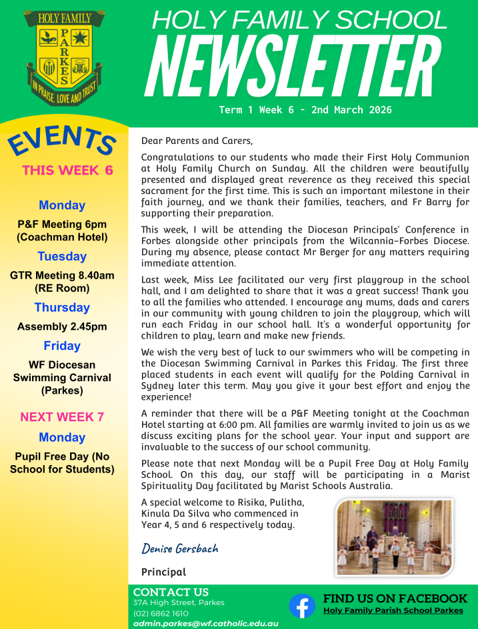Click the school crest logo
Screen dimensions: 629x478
[x=65, y=57]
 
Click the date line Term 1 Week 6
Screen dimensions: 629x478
[x=305, y=110]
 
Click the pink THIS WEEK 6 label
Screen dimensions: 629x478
[x=67, y=170]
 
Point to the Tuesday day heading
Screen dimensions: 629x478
[x=62, y=257]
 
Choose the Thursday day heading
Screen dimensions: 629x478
[x=62, y=307]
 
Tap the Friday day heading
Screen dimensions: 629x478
[x=62, y=346]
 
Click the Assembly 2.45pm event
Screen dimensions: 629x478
[x=62, y=326]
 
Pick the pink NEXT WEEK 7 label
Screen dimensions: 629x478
[x=62, y=417]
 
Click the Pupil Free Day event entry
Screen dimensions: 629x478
[x=62, y=463]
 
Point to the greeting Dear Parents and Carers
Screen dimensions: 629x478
[x=197, y=141]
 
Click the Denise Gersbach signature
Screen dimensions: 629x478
[x=180, y=548]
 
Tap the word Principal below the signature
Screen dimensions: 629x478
[x=163, y=572]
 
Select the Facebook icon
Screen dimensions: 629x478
[x=302, y=606]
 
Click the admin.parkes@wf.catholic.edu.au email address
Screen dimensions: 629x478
[x=205, y=624]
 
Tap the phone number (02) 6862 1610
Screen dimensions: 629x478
[x=161, y=613]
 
